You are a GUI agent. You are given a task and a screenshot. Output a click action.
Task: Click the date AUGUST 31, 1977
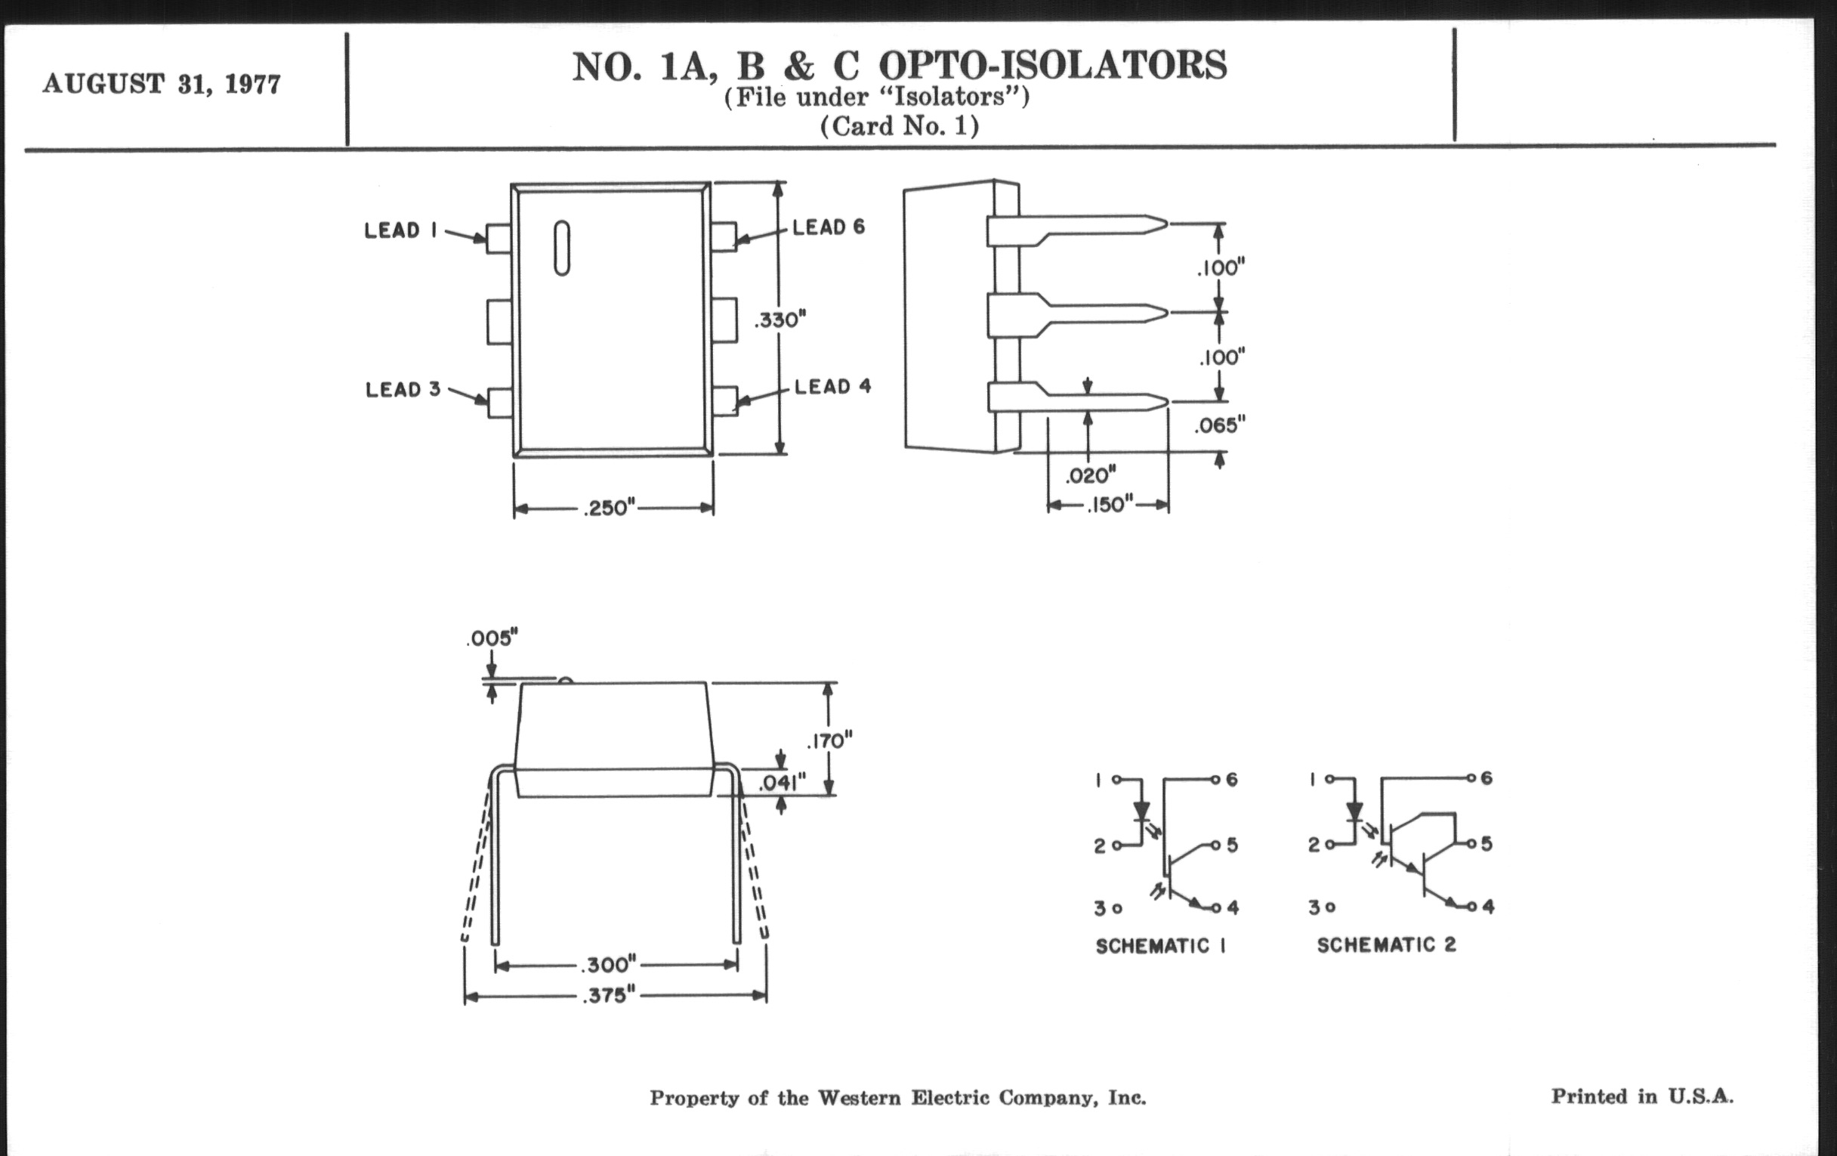pos(162,83)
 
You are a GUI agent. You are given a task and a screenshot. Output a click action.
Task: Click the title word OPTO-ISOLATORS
pos(1053,66)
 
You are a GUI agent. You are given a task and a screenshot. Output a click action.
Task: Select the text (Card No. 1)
pos(900,126)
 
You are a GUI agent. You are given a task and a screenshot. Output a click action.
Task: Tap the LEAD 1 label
pos(400,230)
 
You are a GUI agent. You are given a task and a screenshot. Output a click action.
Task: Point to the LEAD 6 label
pos(829,227)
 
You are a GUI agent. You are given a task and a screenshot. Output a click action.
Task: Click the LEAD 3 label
pos(403,390)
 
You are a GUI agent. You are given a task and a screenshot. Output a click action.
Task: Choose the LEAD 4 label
pos(832,387)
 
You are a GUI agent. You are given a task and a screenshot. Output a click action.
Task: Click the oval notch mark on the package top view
pos(561,248)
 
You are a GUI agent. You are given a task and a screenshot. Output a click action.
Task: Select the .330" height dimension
pos(780,320)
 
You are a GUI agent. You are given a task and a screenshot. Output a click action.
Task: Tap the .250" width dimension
pos(609,508)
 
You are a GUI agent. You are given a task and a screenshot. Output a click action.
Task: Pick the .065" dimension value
pos(1219,425)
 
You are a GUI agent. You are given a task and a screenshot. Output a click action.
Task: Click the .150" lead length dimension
pos(1110,505)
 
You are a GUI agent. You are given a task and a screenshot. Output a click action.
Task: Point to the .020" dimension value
pos(1090,476)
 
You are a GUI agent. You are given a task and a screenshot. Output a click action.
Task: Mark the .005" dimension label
pos(492,638)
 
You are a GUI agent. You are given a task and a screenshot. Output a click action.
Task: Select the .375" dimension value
pos(608,996)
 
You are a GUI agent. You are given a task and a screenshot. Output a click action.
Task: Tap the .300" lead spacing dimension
pos(608,966)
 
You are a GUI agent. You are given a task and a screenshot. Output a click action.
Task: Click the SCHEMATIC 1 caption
pos(1160,946)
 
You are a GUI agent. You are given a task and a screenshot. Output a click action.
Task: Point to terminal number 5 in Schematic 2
pos(1486,844)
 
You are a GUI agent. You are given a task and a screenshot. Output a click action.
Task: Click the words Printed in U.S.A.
pos(1641,1096)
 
